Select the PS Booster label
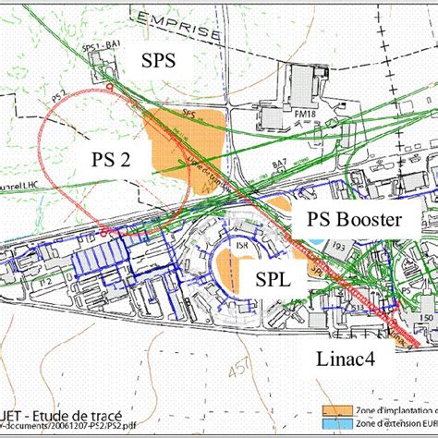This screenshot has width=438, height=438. click(356, 221)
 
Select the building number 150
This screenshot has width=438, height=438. click(425, 319)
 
